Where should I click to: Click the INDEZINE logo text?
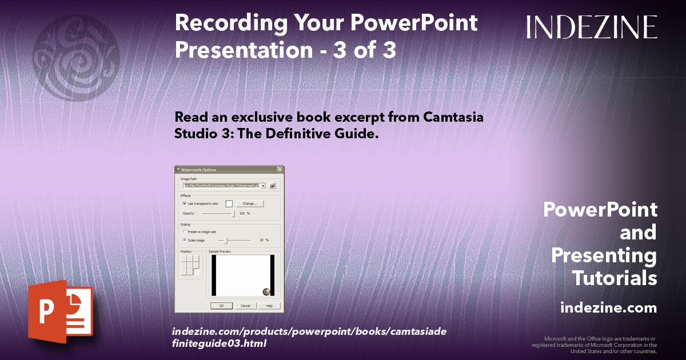pos(592,27)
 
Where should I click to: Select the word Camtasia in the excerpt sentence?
pos(454,117)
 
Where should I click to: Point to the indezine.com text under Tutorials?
pos(608,308)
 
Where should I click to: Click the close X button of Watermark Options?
pos(280,170)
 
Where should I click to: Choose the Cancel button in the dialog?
pos(245,306)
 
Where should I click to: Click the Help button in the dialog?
pos(269,306)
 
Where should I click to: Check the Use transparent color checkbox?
pos(184,203)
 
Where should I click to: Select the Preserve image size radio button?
pos(184,231)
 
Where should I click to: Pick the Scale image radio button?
pos(184,240)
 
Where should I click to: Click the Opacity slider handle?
pos(233,213)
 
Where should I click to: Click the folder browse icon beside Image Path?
pos(273,186)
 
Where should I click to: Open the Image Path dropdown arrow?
pos(262,186)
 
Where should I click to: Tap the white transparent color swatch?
pos(229,203)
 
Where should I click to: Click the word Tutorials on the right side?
pos(615,278)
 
